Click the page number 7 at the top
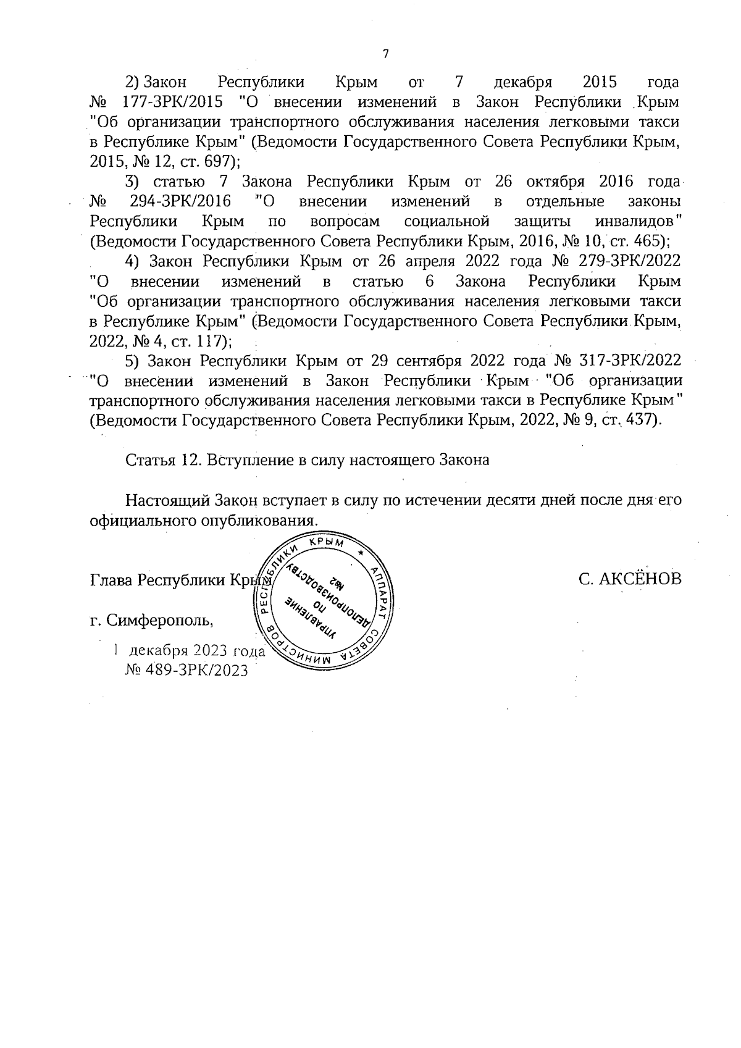click(385, 54)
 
